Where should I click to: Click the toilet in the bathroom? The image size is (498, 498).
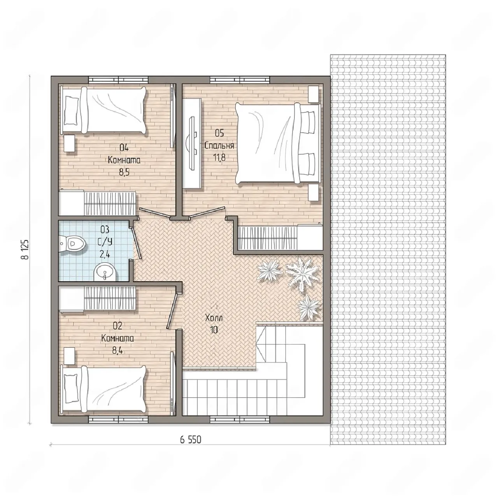click(x=72, y=243)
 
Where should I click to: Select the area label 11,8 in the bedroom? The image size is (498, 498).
click(x=219, y=157)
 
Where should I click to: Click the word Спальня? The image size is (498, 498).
click(x=219, y=146)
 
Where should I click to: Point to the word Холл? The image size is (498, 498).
click(x=214, y=318)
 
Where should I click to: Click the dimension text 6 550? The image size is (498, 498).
click(x=191, y=440)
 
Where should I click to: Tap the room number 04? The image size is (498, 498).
click(x=124, y=148)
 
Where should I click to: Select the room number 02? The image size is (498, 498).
click(x=117, y=326)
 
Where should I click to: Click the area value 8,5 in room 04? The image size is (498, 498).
click(x=124, y=172)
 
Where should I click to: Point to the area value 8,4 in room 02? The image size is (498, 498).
click(x=117, y=351)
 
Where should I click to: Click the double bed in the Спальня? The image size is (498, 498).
click(x=278, y=144)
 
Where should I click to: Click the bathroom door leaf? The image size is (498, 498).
click(x=136, y=243)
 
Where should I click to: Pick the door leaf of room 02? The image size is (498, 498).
click(x=172, y=311)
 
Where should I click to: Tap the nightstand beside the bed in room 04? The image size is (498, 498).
click(x=70, y=143)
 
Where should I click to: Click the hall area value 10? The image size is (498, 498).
click(x=214, y=330)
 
